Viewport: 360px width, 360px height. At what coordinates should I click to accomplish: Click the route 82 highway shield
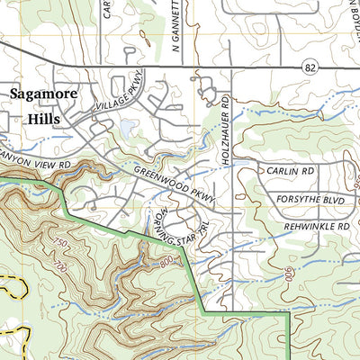(310, 67)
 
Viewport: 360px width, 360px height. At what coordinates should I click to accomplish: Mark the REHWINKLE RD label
(314, 227)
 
